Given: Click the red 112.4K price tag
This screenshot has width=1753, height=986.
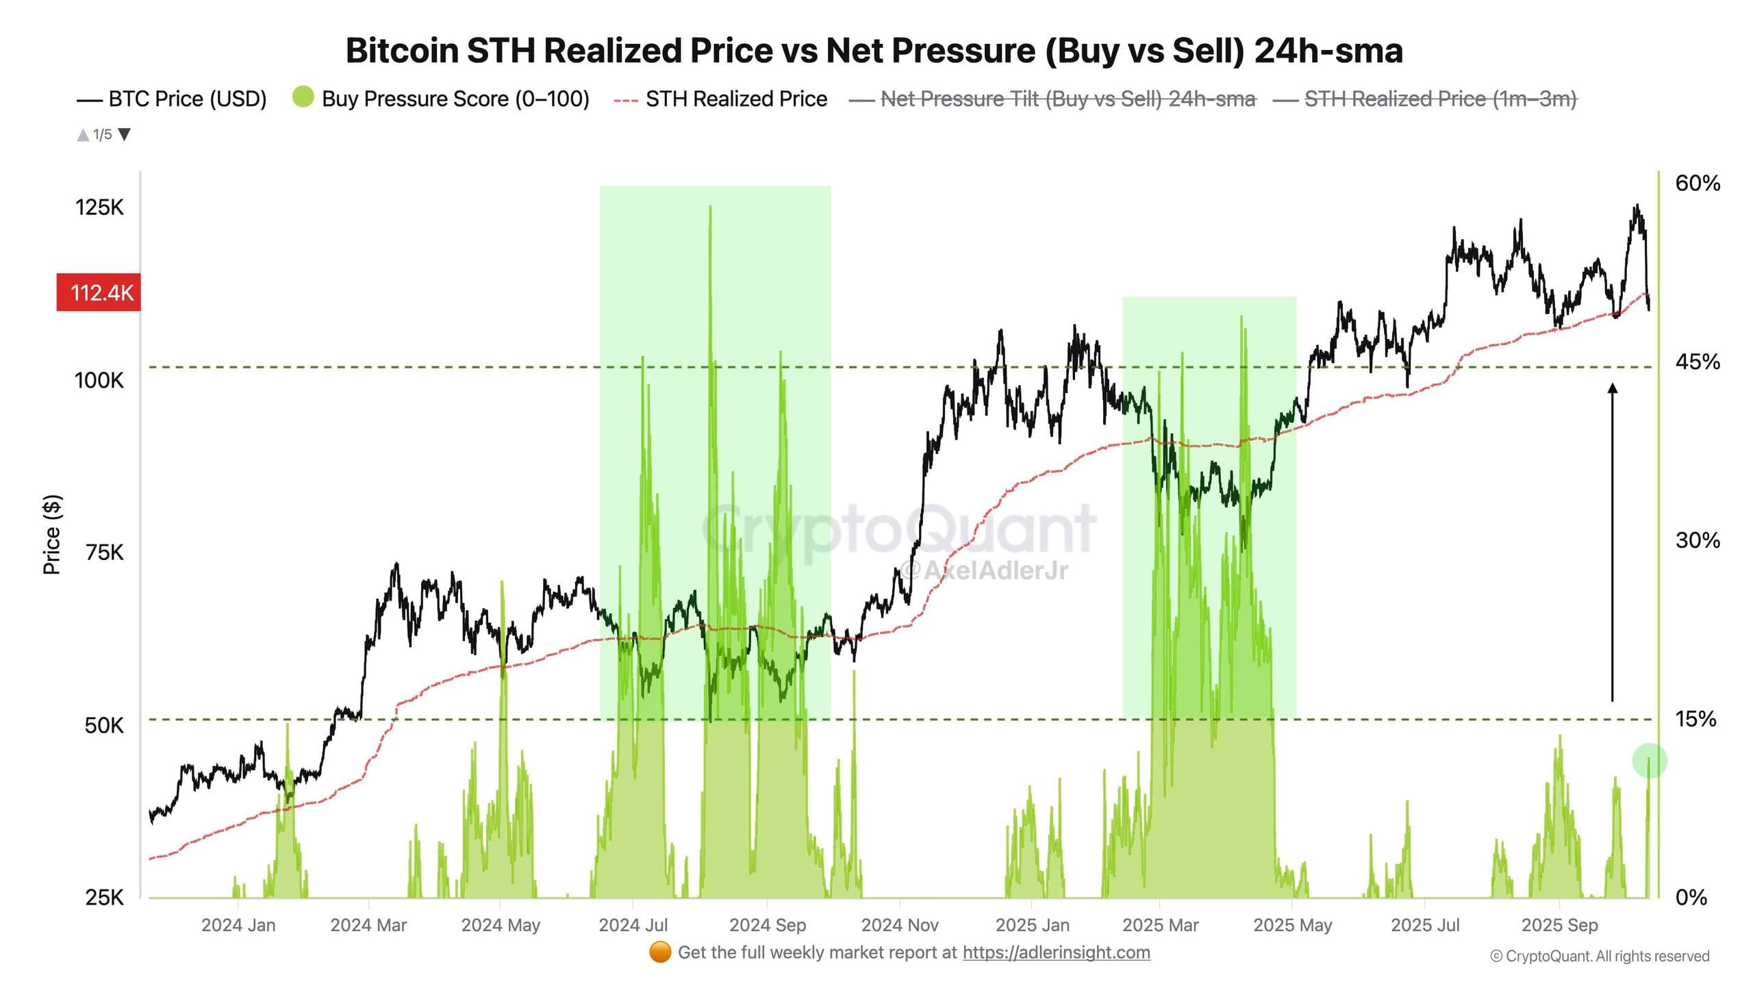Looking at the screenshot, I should (x=99, y=292).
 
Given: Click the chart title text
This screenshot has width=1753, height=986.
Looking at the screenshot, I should (x=874, y=51).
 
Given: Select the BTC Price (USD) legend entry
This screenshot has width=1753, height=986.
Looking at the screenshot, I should (x=172, y=99).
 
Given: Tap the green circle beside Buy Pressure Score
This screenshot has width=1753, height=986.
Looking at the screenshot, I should (x=303, y=97).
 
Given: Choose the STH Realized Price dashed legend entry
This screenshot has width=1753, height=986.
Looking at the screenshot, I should (x=720, y=99).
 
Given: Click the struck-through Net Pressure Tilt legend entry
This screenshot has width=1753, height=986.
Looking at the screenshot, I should (x=1052, y=99).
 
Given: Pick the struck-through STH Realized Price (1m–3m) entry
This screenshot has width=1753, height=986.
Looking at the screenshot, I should (x=1425, y=99).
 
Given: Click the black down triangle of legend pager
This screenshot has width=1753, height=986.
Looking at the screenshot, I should (x=125, y=134).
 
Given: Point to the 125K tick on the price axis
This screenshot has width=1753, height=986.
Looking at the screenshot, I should (x=100, y=207).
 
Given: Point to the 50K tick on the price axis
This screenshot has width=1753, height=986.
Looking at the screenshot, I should (x=104, y=725).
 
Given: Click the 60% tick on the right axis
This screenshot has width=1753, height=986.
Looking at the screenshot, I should (x=1697, y=183).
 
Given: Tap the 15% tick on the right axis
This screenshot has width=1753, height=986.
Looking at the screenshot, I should (x=1695, y=719).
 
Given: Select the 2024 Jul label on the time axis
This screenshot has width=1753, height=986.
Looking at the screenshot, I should (x=633, y=925).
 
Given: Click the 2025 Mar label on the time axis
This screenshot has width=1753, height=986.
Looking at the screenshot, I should (x=1161, y=925).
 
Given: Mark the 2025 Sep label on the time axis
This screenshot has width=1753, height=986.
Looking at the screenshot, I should (x=1559, y=925).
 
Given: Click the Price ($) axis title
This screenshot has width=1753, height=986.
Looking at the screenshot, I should (x=52, y=535).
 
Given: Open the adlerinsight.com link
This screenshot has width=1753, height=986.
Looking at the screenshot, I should (x=1056, y=952).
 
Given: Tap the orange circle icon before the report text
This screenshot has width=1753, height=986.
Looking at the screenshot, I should (x=660, y=952).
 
